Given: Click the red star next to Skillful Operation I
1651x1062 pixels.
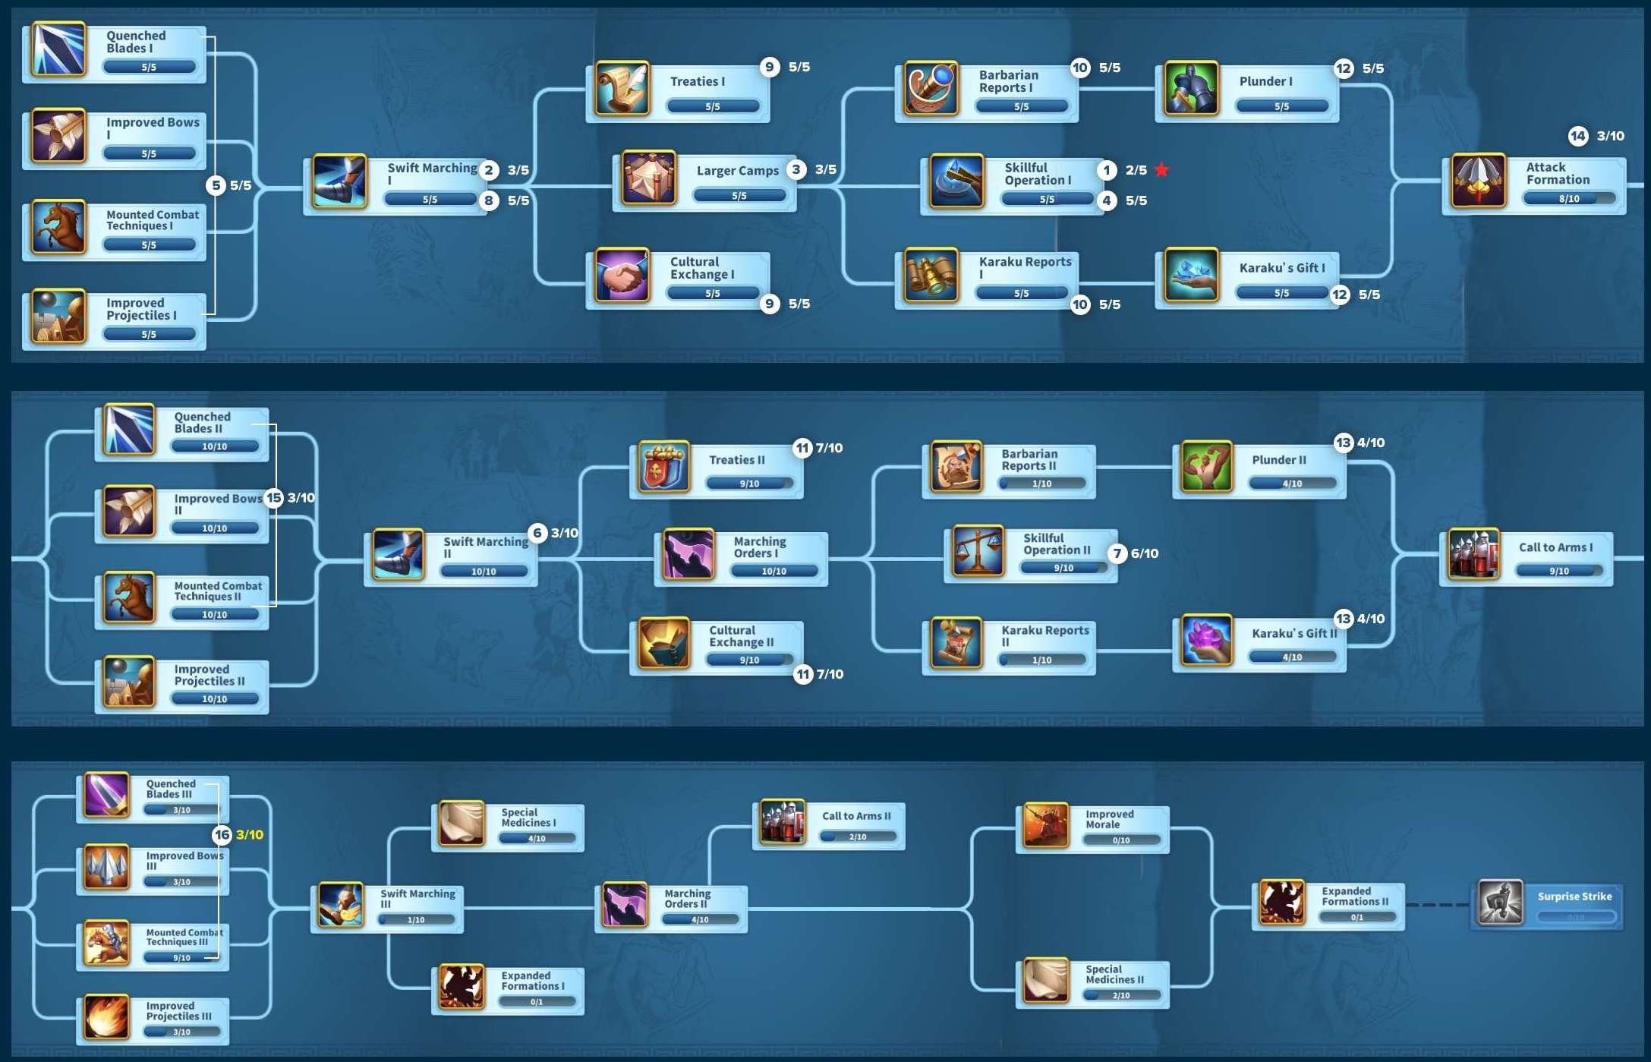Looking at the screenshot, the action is (x=1161, y=169).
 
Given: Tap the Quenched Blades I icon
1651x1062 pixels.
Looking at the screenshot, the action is (x=58, y=49).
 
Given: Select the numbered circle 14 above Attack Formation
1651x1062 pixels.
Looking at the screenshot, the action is (x=1578, y=136).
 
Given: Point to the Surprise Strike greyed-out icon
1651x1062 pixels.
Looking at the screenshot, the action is (x=1500, y=902).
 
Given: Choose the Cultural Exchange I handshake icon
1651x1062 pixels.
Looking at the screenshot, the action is (x=622, y=274).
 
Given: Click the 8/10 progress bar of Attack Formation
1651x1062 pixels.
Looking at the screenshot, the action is (x=1569, y=199).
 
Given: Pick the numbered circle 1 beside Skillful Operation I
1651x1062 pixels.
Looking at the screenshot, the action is (x=1107, y=170).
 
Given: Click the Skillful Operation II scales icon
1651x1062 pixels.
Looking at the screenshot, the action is (x=978, y=550).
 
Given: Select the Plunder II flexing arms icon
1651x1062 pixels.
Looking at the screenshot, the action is (x=1206, y=466).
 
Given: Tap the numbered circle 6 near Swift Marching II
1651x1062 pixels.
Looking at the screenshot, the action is (x=537, y=533).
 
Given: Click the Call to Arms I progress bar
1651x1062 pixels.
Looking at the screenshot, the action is (x=1559, y=571).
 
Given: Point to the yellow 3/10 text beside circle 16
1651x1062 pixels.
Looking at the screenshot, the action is (x=250, y=835).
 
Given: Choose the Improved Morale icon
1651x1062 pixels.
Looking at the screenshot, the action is (x=1045, y=825).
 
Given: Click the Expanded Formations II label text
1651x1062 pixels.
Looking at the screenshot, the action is (x=1355, y=896).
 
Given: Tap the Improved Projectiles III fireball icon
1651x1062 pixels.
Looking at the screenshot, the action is (x=106, y=1017).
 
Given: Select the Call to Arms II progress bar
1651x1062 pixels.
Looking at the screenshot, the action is (x=858, y=837).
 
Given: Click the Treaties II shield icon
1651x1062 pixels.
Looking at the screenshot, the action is (x=663, y=466).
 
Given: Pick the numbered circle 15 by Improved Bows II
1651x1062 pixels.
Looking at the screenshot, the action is (x=273, y=498).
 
